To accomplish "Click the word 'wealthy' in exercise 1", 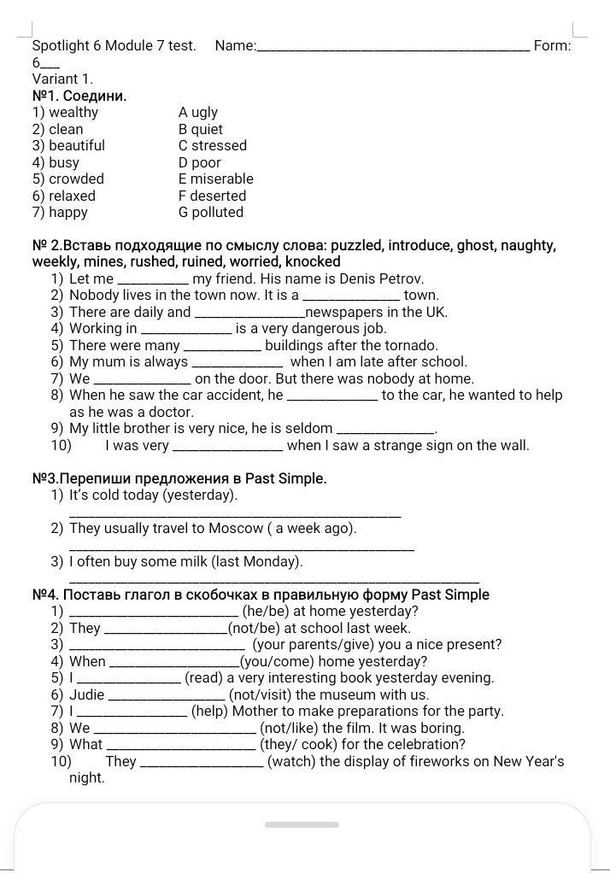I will [x=73, y=113].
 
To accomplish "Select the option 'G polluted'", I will [x=211, y=213].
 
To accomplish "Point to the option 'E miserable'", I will [x=216, y=179].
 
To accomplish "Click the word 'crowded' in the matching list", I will [x=76, y=179].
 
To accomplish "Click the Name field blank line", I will [x=393, y=48].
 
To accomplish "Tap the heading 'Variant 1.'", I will [x=62, y=79].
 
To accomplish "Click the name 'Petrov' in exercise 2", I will [x=401, y=279].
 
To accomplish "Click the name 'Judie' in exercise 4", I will [x=86, y=695].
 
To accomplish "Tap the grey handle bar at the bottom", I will [x=302, y=825].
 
